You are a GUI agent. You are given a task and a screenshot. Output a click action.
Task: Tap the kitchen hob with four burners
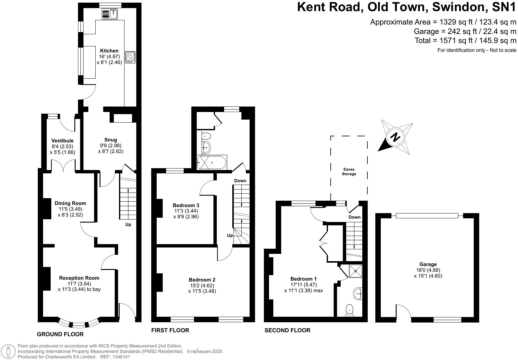point(130,57)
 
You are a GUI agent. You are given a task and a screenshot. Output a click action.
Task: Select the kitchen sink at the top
point(110,14)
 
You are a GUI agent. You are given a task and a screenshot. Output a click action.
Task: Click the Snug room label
point(111,140)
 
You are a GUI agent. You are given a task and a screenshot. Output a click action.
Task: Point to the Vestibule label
point(62,141)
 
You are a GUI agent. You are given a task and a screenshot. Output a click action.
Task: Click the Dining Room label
point(70,203)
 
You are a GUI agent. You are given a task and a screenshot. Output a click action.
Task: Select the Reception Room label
point(79,278)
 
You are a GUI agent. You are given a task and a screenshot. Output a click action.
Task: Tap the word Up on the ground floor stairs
point(128,224)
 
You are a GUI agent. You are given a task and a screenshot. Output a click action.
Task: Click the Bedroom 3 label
point(186,205)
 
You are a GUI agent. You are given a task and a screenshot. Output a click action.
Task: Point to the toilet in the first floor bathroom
point(206,136)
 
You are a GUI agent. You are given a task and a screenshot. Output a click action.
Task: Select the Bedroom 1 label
point(303,279)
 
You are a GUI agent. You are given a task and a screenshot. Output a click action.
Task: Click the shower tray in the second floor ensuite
point(356,271)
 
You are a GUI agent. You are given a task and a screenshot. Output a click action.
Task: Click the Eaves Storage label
point(349,172)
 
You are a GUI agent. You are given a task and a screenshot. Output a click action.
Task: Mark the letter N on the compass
point(395,137)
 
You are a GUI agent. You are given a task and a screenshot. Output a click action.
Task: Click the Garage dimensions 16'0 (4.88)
point(428,270)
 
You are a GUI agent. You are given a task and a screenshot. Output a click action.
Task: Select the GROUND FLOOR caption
point(60,334)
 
